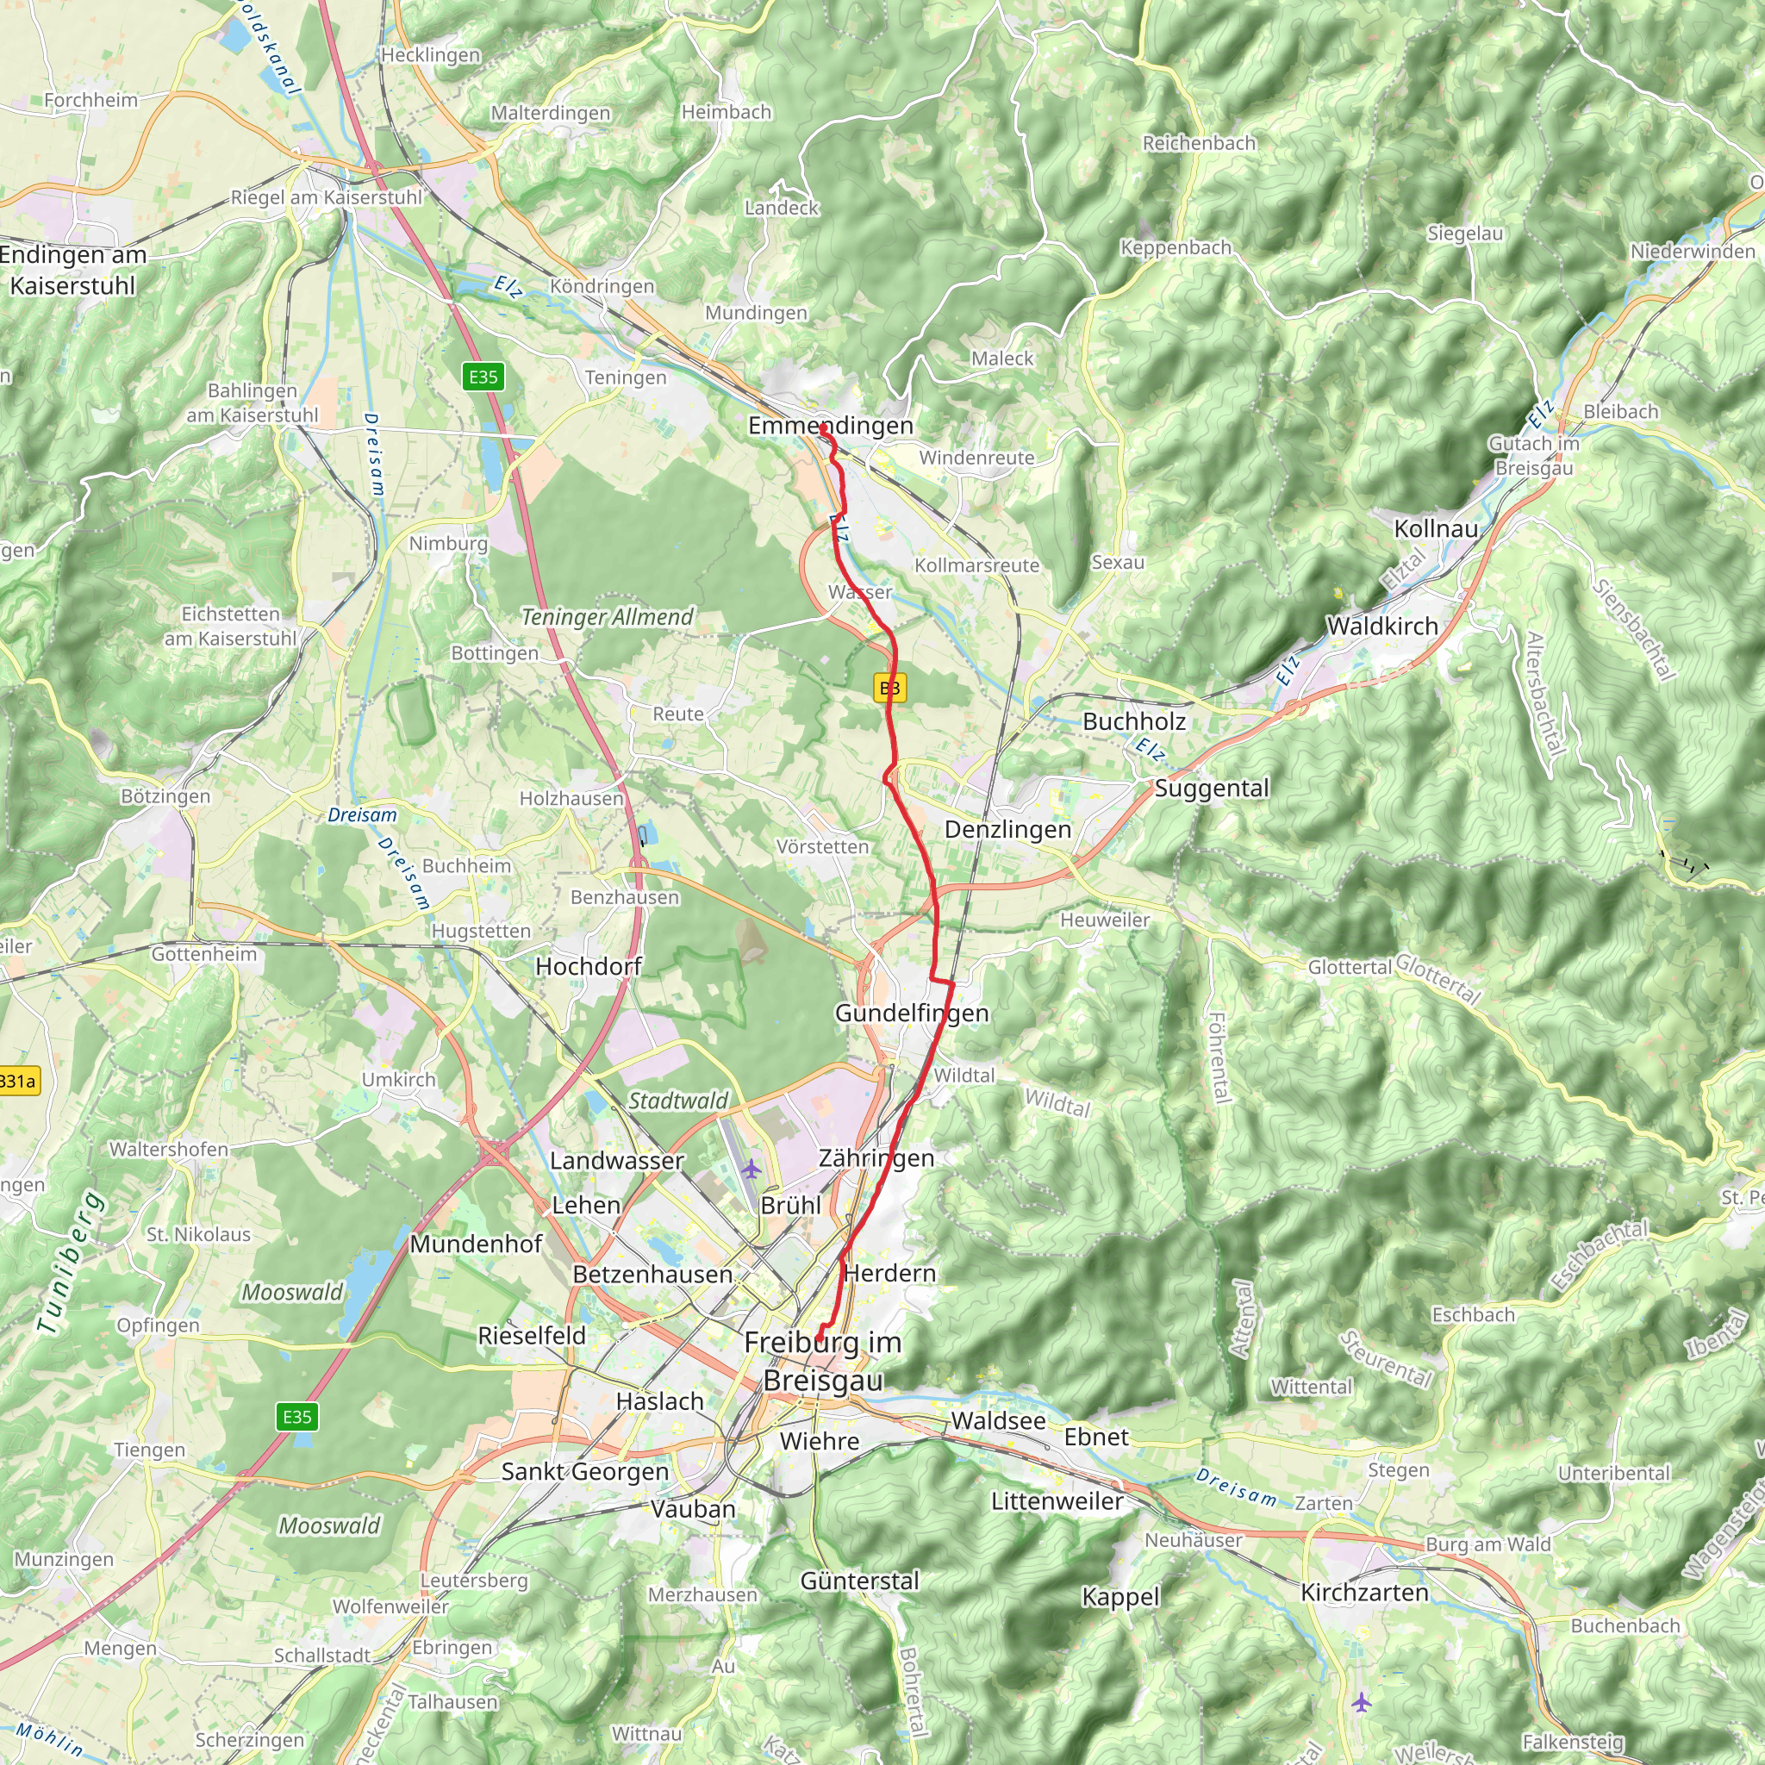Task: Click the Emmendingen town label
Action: click(x=830, y=426)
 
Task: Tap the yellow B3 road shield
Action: click(x=889, y=688)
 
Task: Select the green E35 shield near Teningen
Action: click(x=483, y=377)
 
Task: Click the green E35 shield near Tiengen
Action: click(x=297, y=1417)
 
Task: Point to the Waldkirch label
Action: click(x=1381, y=627)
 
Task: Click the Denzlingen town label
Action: click(x=1007, y=830)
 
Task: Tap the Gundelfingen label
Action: click(x=911, y=1013)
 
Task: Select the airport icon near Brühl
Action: click(x=751, y=1169)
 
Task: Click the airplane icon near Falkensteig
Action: click(x=1361, y=1702)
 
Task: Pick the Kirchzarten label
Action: click(x=1364, y=1593)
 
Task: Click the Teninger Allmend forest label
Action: click(x=608, y=618)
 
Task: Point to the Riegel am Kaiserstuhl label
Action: click(x=326, y=197)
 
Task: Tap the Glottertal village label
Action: click(x=1349, y=967)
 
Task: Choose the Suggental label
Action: click(x=1212, y=789)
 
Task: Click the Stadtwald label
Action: click(x=678, y=1101)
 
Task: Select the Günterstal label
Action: click(x=858, y=1581)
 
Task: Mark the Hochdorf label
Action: click(x=589, y=967)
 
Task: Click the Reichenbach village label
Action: click(x=1199, y=143)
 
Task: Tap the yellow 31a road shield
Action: click(x=18, y=1082)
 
